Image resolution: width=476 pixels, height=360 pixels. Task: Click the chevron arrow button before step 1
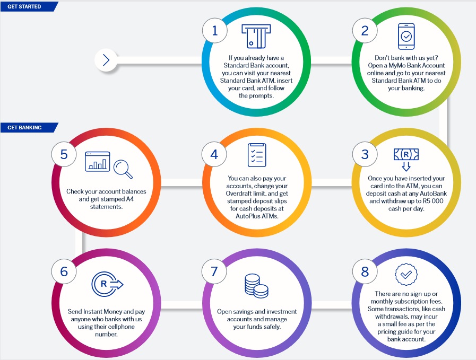click(106, 60)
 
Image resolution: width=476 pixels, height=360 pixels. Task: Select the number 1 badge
click(214, 31)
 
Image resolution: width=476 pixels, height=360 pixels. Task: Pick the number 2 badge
click(365, 31)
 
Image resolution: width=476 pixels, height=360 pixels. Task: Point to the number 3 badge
click(365, 154)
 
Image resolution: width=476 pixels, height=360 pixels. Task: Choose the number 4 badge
click(214, 154)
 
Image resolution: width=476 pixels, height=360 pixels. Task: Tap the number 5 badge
click(64, 154)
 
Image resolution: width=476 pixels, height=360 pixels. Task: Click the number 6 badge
click(64, 271)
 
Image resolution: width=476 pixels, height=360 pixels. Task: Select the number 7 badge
click(214, 271)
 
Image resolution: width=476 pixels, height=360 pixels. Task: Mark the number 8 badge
click(365, 271)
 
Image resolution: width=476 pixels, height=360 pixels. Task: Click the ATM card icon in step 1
click(256, 36)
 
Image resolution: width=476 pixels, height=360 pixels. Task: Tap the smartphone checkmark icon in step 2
click(406, 36)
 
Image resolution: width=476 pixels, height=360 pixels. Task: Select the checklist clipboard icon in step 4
click(257, 155)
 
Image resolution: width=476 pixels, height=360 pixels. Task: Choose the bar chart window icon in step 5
click(98, 162)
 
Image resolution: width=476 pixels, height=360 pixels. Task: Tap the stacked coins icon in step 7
click(256, 286)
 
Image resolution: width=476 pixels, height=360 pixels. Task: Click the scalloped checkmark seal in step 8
click(406, 275)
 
